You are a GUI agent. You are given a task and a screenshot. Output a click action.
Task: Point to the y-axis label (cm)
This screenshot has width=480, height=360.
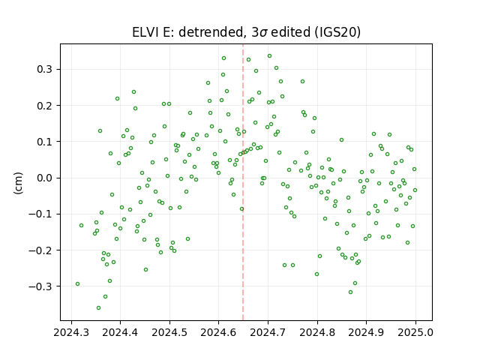click(18, 183)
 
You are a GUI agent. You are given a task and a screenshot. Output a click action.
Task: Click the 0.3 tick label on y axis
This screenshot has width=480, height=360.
click(45, 70)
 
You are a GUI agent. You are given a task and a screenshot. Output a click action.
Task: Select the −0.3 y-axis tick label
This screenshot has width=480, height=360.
click(40, 286)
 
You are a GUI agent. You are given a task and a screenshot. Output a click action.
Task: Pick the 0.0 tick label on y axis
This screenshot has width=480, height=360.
click(45, 178)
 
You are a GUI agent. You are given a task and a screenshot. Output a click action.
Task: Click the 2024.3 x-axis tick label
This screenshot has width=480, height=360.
click(71, 332)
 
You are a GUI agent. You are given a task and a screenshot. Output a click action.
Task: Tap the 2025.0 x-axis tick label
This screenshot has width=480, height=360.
click(415, 332)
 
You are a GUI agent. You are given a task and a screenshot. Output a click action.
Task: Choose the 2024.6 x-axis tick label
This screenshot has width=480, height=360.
click(218, 332)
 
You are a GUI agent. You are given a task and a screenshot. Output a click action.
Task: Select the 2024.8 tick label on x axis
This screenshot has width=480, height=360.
click(317, 332)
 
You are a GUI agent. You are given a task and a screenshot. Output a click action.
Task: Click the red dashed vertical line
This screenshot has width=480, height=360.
click(243, 182)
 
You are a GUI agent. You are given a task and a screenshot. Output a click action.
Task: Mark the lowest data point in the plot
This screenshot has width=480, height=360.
click(98, 308)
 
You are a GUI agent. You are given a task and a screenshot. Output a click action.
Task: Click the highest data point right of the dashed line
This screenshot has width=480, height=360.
click(270, 56)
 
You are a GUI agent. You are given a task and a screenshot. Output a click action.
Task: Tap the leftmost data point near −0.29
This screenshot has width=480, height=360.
click(77, 284)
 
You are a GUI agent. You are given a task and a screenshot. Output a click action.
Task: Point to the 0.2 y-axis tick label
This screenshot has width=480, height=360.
click(45, 106)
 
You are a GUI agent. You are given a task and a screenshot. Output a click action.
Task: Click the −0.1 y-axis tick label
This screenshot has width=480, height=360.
click(40, 214)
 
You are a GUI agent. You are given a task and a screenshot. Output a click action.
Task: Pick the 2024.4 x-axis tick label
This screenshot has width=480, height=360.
click(120, 332)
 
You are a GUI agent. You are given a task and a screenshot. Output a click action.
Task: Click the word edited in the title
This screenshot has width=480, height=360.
click(291, 32)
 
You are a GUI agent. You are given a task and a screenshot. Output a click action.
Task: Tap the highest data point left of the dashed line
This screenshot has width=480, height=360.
click(223, 58)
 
